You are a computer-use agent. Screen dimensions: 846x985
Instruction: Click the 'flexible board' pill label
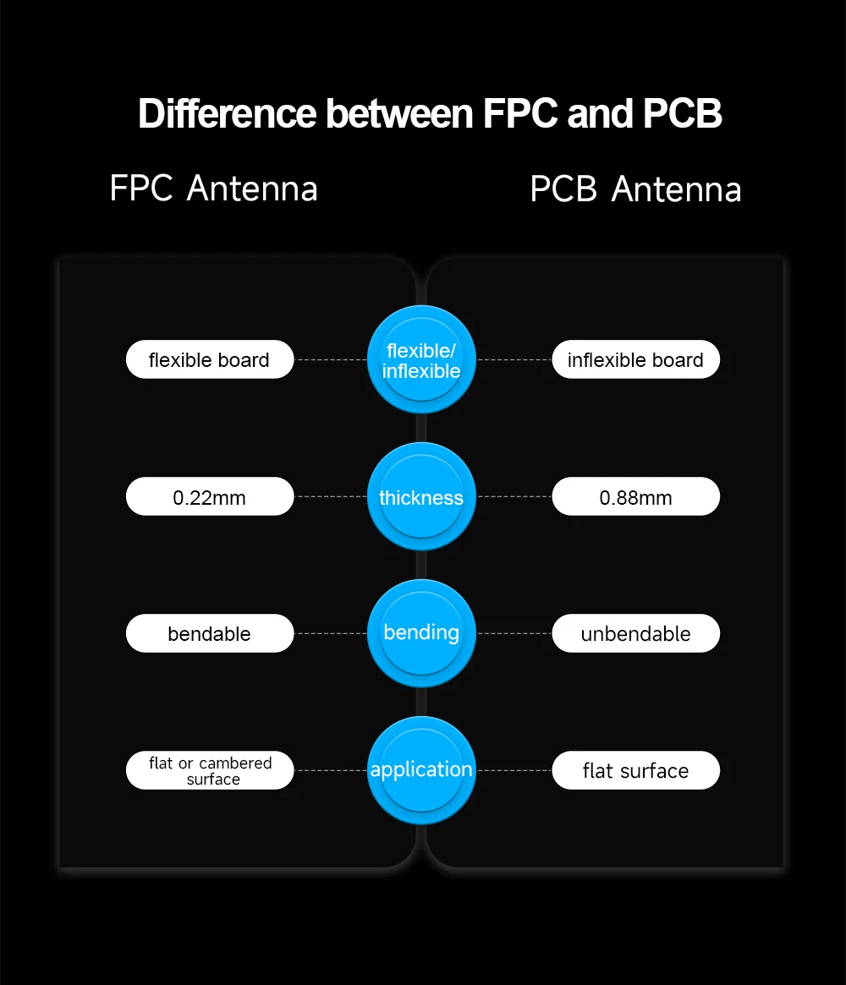(x=209, y=359)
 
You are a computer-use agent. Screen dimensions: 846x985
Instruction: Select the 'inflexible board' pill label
(x=635, y=359)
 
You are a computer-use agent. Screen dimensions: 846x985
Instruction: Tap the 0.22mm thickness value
(x=209, y=497)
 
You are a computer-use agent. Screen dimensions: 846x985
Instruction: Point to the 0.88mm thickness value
(x=635, y=497)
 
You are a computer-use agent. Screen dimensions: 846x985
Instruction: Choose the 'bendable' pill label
(x=209, y=633)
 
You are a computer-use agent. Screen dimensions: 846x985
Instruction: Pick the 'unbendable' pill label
(x=635, y=633)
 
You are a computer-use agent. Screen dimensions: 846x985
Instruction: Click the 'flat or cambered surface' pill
(x=210, y=770)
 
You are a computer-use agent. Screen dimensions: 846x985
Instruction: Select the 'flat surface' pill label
(x=635, y=770)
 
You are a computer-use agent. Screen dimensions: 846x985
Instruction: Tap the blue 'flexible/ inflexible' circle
(x=421, y=360)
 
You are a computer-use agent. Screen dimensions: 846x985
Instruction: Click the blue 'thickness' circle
(x=421, y=497)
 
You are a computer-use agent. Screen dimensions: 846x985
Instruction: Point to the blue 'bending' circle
(x=421, y=633)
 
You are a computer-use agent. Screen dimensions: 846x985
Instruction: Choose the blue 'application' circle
(x=421, y=770)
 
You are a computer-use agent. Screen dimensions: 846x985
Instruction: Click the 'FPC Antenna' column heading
(x=213, y=188)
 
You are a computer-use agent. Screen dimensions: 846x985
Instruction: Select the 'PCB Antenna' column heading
(x=635, y=189)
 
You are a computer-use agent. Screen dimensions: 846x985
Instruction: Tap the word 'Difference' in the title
(x=227, y=114)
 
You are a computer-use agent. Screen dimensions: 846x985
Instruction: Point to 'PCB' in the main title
(x=682, y=114)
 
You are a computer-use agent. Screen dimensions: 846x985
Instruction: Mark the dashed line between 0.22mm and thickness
(x=331, y=497)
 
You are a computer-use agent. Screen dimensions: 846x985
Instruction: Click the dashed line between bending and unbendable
(x=514, y=633)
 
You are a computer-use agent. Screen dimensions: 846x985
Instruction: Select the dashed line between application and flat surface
(x=514, y=770)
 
